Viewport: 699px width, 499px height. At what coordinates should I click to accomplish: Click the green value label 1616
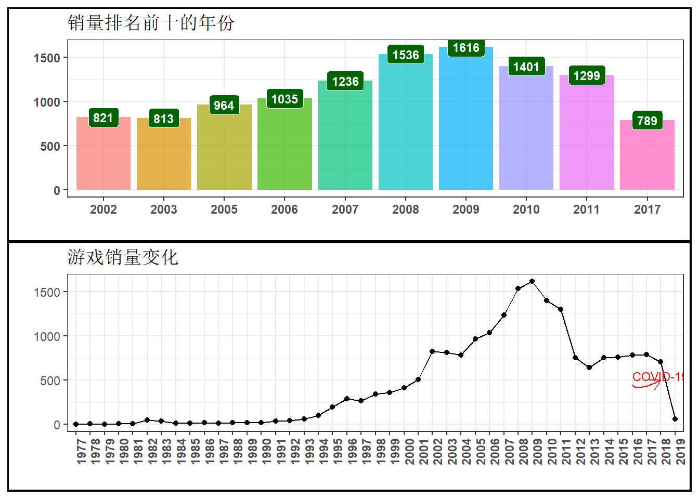click(x=465, y=48)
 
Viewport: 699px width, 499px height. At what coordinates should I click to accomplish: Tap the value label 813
click(x=163, y=119)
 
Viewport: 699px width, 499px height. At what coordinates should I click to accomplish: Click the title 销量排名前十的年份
click(x=151, y=23)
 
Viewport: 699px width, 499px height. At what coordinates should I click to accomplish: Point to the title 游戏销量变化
click(x=123, y=257)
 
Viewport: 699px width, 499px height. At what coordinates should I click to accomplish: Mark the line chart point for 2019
click(x=675, y=419)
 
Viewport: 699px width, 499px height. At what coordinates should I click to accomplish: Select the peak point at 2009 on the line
click(x=532, y=281)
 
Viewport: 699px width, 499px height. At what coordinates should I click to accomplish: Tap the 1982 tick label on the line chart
click(x=152, y=451)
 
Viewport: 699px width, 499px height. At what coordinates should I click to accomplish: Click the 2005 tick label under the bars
click(x=224, y=209)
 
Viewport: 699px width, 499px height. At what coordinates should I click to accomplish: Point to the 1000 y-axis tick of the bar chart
click(x=47, y=102)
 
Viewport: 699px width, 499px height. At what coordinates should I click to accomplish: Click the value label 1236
click(x=345, y=82)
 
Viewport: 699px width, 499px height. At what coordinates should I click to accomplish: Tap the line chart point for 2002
click(x=432, y=351)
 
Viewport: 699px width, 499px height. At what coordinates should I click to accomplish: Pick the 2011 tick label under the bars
click(x=586, y=209)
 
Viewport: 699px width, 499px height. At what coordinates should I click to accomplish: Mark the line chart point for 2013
click(x=589, y=367)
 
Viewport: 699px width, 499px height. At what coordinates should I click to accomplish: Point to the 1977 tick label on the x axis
click(x=81, y=451)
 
